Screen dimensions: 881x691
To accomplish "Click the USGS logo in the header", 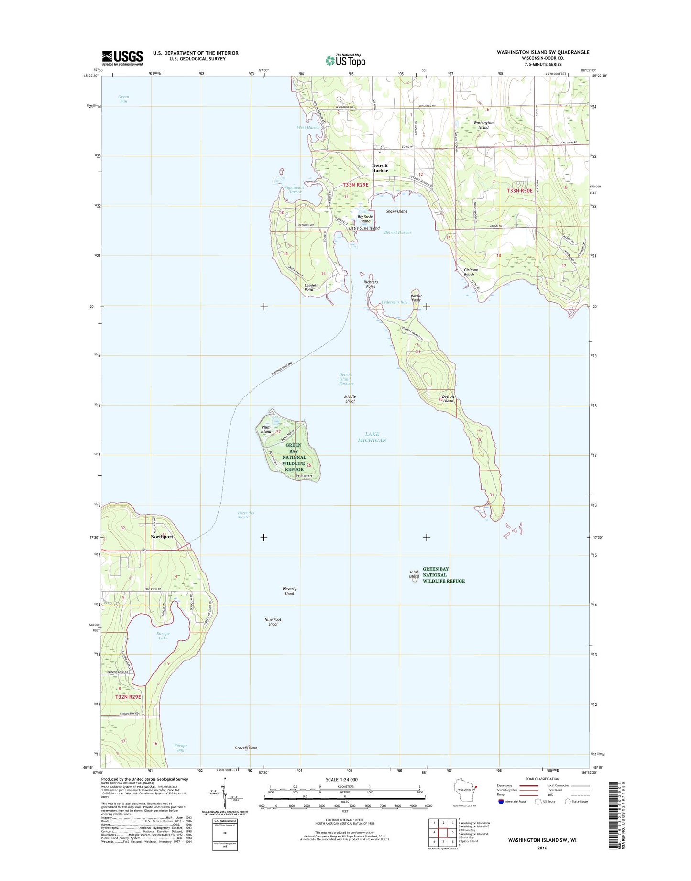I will (x=122, y=58).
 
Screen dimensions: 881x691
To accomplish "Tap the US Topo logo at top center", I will (x=345, y=60).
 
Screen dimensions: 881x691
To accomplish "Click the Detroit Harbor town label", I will (x=380, y=168).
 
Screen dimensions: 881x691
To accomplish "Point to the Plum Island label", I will (x=266, y=429).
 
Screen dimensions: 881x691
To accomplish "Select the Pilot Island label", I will (x=414, y=574).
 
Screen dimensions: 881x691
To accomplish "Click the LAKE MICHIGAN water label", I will (x=372, y=437).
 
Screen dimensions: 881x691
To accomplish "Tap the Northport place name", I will (x=162, y=537).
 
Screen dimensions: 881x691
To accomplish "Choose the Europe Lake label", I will (x=163, y=636).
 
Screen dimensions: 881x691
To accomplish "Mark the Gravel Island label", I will (x=246, y=748).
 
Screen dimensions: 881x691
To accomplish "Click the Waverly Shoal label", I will (x=289, y=591).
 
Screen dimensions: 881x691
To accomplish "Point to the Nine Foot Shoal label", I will (x=273, y=622).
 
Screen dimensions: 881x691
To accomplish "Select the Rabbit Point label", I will (x=417, y=298).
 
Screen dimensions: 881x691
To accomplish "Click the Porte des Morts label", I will (x=246, y=515).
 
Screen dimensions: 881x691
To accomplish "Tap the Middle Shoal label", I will (x=350, y=399).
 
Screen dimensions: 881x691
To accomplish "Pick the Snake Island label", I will (x=397, y=211).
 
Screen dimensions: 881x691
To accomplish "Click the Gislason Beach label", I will (x=471, y=272).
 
